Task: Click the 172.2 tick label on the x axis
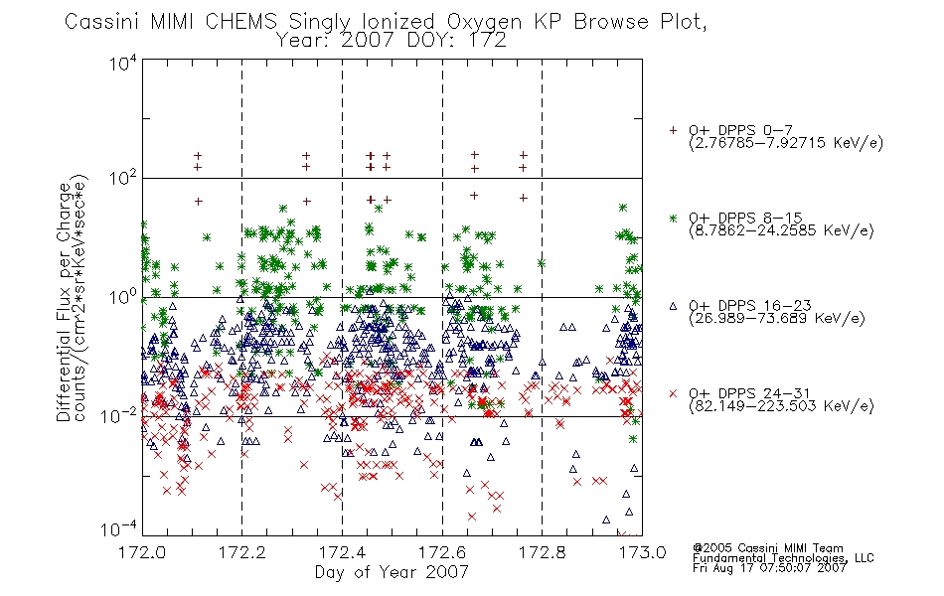point(241,552)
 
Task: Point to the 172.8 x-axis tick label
point(542,552)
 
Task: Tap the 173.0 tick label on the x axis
point(642,552)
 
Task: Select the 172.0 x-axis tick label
point(142,552)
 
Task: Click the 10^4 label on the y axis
point(123,63)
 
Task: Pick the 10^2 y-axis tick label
point(123,179)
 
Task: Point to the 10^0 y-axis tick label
point(123,297)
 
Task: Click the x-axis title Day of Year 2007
point(392,572)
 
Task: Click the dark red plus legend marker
point(673,130)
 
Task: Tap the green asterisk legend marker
point(673,218)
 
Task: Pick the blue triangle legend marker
point(673,306)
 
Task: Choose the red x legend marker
point(673,393)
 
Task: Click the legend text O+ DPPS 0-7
point(741,131)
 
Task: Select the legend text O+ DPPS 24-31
point(749,393)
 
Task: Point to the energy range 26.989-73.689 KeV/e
point(777,319)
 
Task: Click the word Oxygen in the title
point(485,22)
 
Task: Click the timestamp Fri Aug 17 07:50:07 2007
point(769,568)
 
